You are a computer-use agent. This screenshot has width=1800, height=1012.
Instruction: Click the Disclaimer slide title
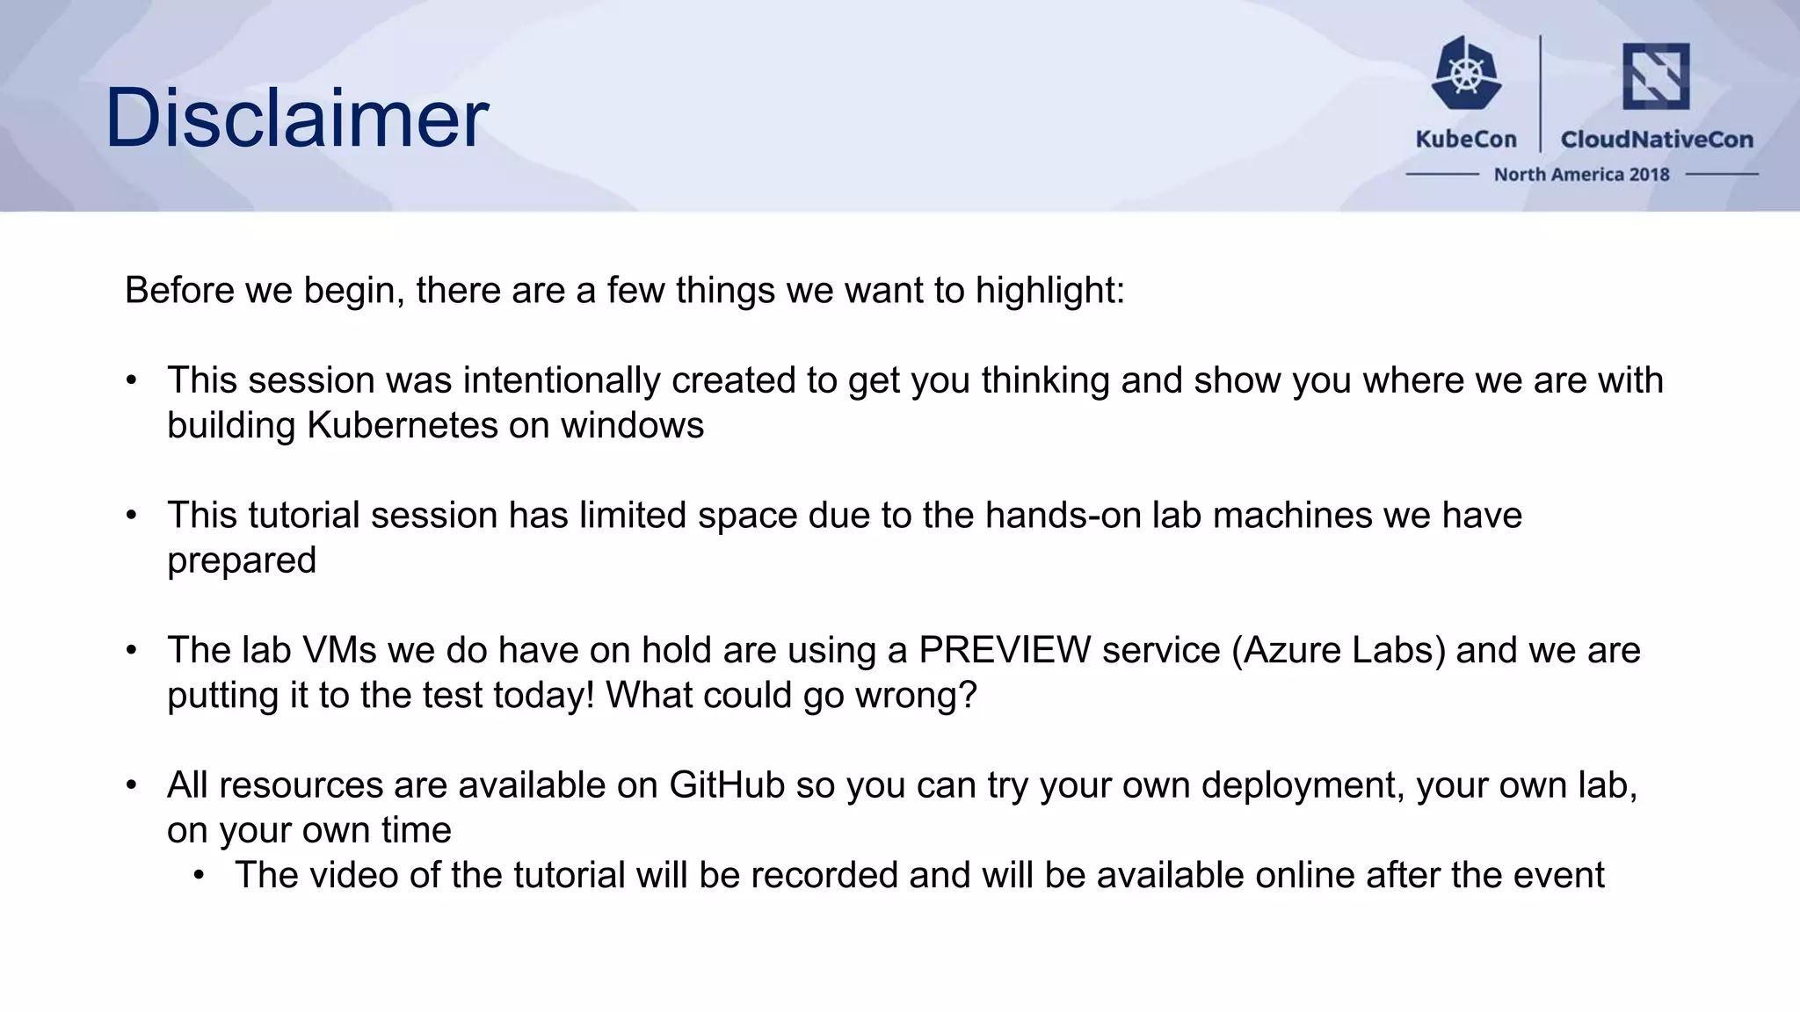(296, 118)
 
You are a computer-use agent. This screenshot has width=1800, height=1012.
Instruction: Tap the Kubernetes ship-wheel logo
(1465, 74)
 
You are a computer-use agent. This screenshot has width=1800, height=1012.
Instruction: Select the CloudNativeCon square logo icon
(1655, 76)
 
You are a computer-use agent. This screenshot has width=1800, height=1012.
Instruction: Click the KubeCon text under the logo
(1466, 140)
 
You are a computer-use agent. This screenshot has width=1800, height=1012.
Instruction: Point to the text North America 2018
(1581, 175)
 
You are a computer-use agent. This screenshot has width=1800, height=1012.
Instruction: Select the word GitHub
(727, 785)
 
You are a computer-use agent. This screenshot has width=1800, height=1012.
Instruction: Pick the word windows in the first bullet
(632, 426)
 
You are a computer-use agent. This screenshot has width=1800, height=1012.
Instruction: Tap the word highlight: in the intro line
(1049, 291)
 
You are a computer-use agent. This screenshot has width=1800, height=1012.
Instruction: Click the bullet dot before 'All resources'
(132, 784)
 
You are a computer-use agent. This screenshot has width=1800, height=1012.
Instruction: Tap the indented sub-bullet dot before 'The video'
(200, 876)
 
